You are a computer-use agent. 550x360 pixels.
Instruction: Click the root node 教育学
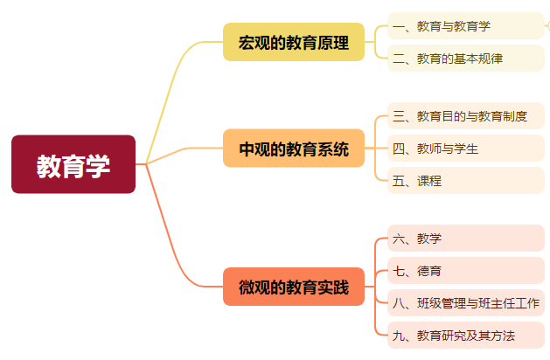pos(73,164)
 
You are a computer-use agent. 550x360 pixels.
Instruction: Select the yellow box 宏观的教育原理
pos(294,42)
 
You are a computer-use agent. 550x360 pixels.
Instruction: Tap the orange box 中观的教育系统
pos(294,148)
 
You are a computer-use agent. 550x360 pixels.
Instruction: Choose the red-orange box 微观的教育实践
pos(294,287)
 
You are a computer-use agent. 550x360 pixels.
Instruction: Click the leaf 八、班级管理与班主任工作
pos(466,303)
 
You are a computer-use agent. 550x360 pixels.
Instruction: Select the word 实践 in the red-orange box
pos(334,287)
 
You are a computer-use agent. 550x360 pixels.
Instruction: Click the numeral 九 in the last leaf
pos(399,336)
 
